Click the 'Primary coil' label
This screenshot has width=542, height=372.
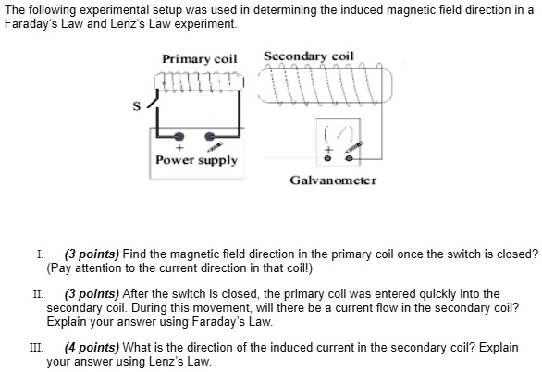click(200, 59)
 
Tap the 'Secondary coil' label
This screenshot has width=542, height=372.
click(309, 56)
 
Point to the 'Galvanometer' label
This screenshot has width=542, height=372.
click(333, 180)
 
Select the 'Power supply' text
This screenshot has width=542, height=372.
click(196, 160)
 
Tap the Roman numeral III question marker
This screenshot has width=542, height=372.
click(36, 348)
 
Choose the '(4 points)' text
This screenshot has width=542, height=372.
click(90, 348)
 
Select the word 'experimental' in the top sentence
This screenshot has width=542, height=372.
click(95, 9)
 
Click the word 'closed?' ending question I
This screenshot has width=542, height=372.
click(517, 253)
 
